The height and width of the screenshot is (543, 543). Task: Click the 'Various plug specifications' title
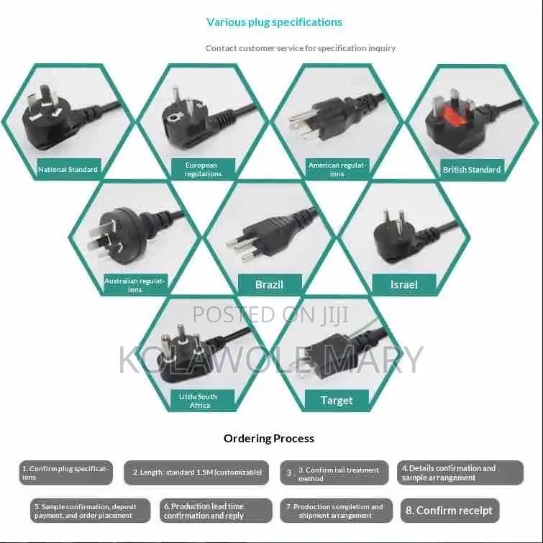point(274,22)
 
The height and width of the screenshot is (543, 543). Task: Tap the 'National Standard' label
point(68,169)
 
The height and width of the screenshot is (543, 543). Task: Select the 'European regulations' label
point(203,169)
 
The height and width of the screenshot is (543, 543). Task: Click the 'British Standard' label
point(472,170)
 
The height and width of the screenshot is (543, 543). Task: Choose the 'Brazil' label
point(270,285)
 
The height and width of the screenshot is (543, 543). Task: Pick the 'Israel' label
point(404,285)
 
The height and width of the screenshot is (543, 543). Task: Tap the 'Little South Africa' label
point(203,401)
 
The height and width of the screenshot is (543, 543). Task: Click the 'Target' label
point(337,401)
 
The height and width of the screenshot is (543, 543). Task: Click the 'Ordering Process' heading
point(269,439)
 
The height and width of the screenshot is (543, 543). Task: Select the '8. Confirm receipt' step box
point(450,511)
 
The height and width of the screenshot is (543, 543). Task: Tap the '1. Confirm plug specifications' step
point(65,473)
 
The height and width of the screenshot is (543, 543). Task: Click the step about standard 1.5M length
point(196,473)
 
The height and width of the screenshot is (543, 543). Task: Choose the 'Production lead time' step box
point(216,511)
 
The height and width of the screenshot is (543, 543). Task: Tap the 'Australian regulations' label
point(135,285)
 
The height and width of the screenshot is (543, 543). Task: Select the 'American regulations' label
point(337,169)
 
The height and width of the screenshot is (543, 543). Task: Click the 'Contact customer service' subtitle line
point(301,48)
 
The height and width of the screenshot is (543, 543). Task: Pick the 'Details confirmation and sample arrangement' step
point(460,473)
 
